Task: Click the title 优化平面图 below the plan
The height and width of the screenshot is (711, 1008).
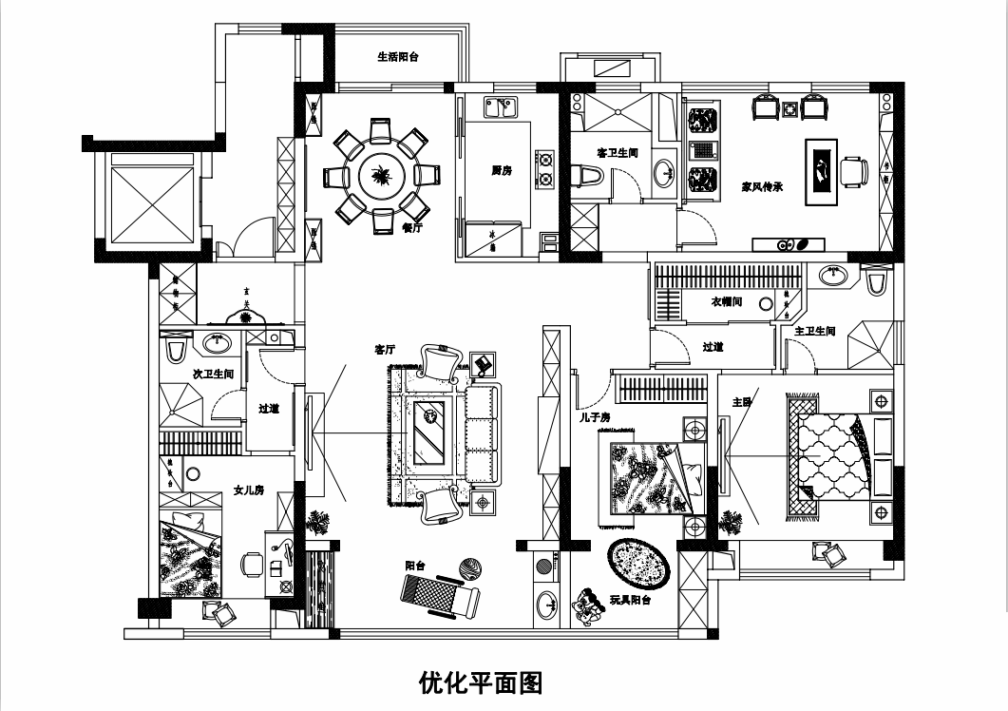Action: click(x=480, y=682)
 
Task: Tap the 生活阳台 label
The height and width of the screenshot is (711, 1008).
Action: click(x=398, y=57)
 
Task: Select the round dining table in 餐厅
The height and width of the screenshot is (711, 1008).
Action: click(x=381, y=176)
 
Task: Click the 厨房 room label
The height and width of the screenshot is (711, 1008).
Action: click(x=502, y=171)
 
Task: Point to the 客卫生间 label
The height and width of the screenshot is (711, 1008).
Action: click(x=617, y=152)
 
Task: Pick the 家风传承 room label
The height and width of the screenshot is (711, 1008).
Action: click(x=761, y=187)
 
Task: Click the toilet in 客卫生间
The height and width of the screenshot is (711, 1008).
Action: click(x=589, y=176)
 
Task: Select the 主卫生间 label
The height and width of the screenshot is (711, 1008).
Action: click(x=814, y=331)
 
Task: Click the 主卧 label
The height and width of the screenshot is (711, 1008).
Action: click(x=742, y=402)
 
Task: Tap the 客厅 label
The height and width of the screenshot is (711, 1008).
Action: click(x=385, y=350)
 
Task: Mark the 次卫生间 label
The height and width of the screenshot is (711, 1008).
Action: click(x=213, y=374)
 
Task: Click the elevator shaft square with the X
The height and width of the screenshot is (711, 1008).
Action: click(x=153, y=205)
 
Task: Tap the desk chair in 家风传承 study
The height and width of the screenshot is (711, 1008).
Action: click(x=852, y=171)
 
